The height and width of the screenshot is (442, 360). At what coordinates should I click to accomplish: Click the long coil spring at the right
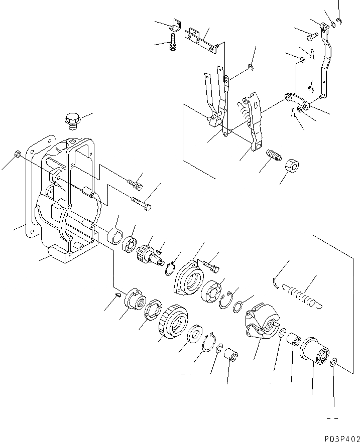click(x=302, y=295)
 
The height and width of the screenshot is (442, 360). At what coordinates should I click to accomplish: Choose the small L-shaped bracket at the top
click(x=176, y=24)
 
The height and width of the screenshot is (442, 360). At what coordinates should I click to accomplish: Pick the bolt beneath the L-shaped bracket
click(x=173, y=42)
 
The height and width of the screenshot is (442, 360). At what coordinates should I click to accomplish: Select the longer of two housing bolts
click(x=141, y=204)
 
